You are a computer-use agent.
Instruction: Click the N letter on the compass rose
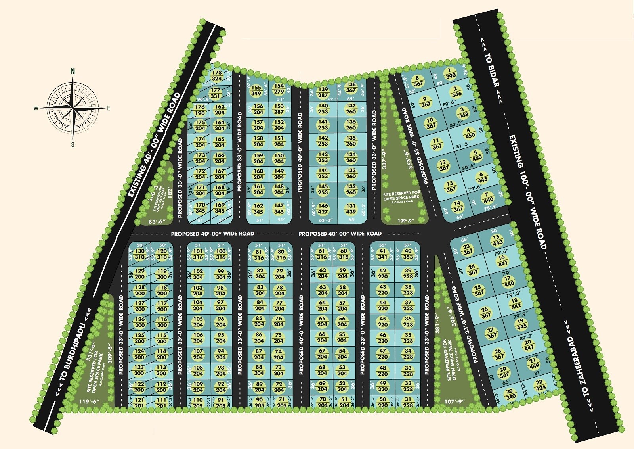pos(73,71)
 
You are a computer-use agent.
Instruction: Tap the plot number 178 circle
pos(216,76)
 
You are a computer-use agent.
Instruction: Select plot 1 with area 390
pos(450,74)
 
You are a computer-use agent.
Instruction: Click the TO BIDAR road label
pos(492,71)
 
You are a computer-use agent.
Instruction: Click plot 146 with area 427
pos(323,209)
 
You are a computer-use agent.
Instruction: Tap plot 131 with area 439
pos(351,209)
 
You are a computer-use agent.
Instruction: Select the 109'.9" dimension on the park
pos(405,220)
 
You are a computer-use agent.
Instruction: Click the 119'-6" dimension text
pos(89,401)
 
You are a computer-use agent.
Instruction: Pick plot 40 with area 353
pos(408,254)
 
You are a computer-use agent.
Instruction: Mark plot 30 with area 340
pos(511,394)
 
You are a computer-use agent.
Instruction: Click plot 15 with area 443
pos(497,240)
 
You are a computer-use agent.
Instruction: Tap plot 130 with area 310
pos(139,254)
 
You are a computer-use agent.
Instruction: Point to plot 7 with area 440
pos(488,197)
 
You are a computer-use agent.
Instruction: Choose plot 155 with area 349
pos(256,90)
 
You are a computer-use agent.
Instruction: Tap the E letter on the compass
pos(108,108)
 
